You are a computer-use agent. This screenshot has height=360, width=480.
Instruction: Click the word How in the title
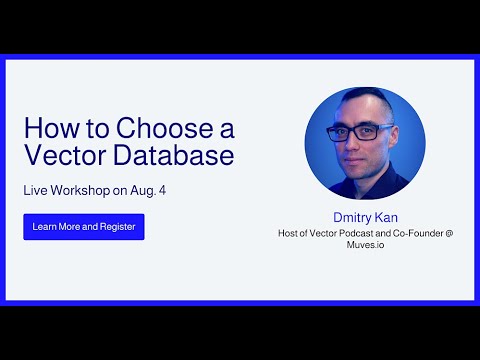point(45,129)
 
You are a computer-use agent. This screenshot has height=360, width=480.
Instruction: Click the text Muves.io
point(365,246)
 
